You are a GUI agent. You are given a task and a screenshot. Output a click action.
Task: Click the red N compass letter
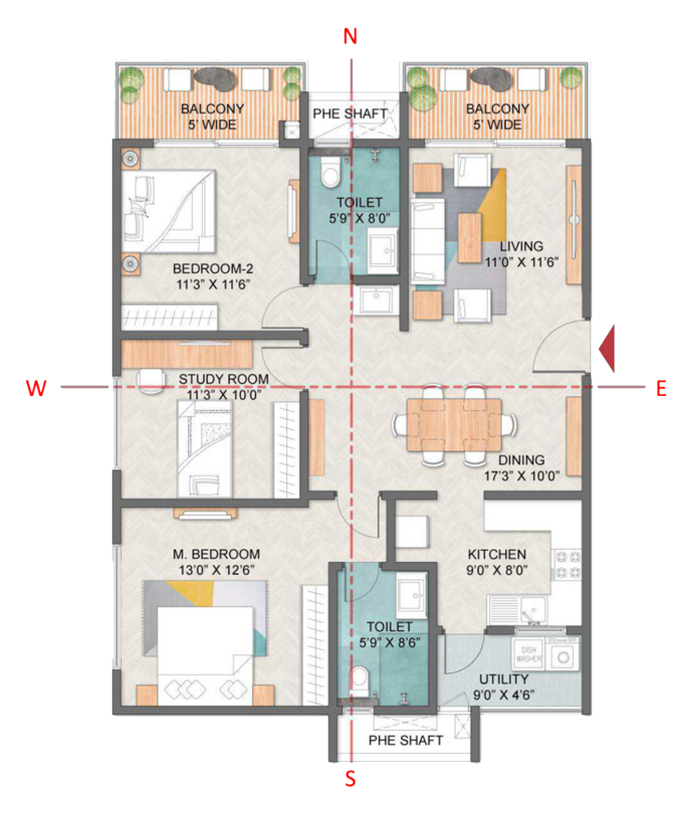click(x=350, y=37)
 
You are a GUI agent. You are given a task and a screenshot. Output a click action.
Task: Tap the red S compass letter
click(x=350, y=779)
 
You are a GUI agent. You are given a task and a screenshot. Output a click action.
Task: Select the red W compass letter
click(x=36, y=388)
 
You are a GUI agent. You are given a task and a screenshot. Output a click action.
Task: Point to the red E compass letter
click(x=661, y=389)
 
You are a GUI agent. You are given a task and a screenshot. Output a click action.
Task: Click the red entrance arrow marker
click(x=607, y=348)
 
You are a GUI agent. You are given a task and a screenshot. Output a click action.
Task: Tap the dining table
click(x=453, y=424)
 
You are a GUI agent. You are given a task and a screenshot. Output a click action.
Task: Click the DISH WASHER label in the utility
click(x=528, y=654)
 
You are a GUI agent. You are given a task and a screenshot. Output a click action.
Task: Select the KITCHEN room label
click(x=496, y=554)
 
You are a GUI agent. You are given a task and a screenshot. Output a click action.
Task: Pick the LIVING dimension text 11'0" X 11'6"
click(x=521, y=262)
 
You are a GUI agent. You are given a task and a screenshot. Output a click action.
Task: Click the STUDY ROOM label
click(x=223, y=379)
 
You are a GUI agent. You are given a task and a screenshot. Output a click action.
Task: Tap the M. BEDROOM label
click(x=216, y=554)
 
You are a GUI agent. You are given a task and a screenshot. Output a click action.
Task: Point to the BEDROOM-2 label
click(x=213, y=269)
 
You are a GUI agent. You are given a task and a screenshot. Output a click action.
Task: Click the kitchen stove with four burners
click(x=567, y=564)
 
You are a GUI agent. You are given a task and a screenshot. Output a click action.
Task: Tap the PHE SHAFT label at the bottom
click(x=406, y=740)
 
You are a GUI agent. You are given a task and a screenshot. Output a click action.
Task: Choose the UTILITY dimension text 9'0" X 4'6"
click(x=504, y=695)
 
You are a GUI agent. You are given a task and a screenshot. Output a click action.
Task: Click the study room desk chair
click(x=150, y=381)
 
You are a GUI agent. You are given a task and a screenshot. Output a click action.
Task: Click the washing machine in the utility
click(x=563, y=657)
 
